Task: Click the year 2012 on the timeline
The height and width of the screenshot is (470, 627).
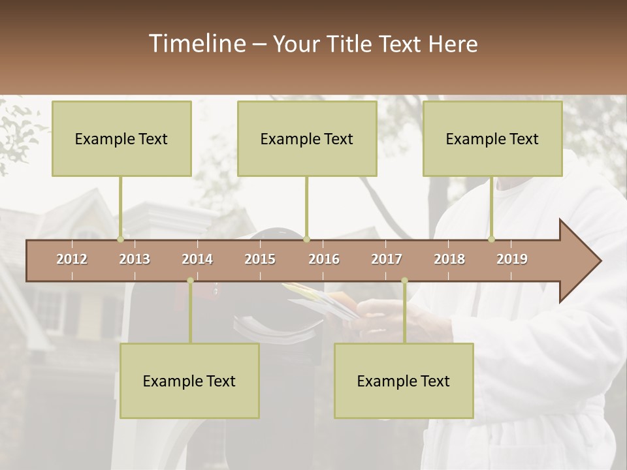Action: [x=72, y=259]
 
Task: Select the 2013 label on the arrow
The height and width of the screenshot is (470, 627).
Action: [x=135, y=259]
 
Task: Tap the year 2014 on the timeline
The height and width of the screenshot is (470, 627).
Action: [x=197, y=259]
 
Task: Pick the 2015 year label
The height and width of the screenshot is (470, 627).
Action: [x=260, y=259]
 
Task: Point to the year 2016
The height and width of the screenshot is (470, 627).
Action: [x=324, y=259]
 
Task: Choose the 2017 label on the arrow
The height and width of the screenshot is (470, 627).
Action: [x=387, y=259]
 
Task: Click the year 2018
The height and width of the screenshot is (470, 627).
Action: [x=449, y=259]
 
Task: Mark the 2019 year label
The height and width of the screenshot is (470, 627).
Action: [x=512, y=259]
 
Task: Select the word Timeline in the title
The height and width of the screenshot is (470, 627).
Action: [x=197, y=44]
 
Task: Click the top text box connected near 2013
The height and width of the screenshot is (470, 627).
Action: [x=121, y=138]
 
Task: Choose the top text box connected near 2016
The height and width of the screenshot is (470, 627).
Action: [x=307, y=138]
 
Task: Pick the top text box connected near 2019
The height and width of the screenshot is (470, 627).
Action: [x=492, y=138]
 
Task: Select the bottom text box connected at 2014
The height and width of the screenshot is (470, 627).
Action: [x=189, y=381]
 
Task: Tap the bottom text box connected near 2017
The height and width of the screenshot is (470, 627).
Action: [x=404, y=381]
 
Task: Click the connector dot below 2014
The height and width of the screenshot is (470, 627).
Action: [x=190, y=281]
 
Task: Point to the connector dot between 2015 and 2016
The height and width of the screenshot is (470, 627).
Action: [x=306, y=240]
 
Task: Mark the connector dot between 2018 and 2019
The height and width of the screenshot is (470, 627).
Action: [x=491, y=239]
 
